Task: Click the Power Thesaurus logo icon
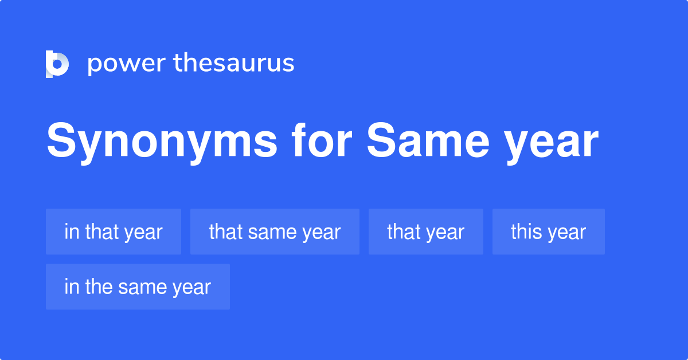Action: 57,64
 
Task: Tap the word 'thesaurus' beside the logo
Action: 234,63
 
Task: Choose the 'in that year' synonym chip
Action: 114,232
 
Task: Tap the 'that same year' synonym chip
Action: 275,232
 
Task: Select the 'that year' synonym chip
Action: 425,232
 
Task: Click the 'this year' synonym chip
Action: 548,232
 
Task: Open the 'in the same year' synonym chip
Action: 138,287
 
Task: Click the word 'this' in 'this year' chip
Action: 525,232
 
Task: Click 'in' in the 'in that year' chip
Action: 71,232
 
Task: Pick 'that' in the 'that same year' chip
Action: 226,232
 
